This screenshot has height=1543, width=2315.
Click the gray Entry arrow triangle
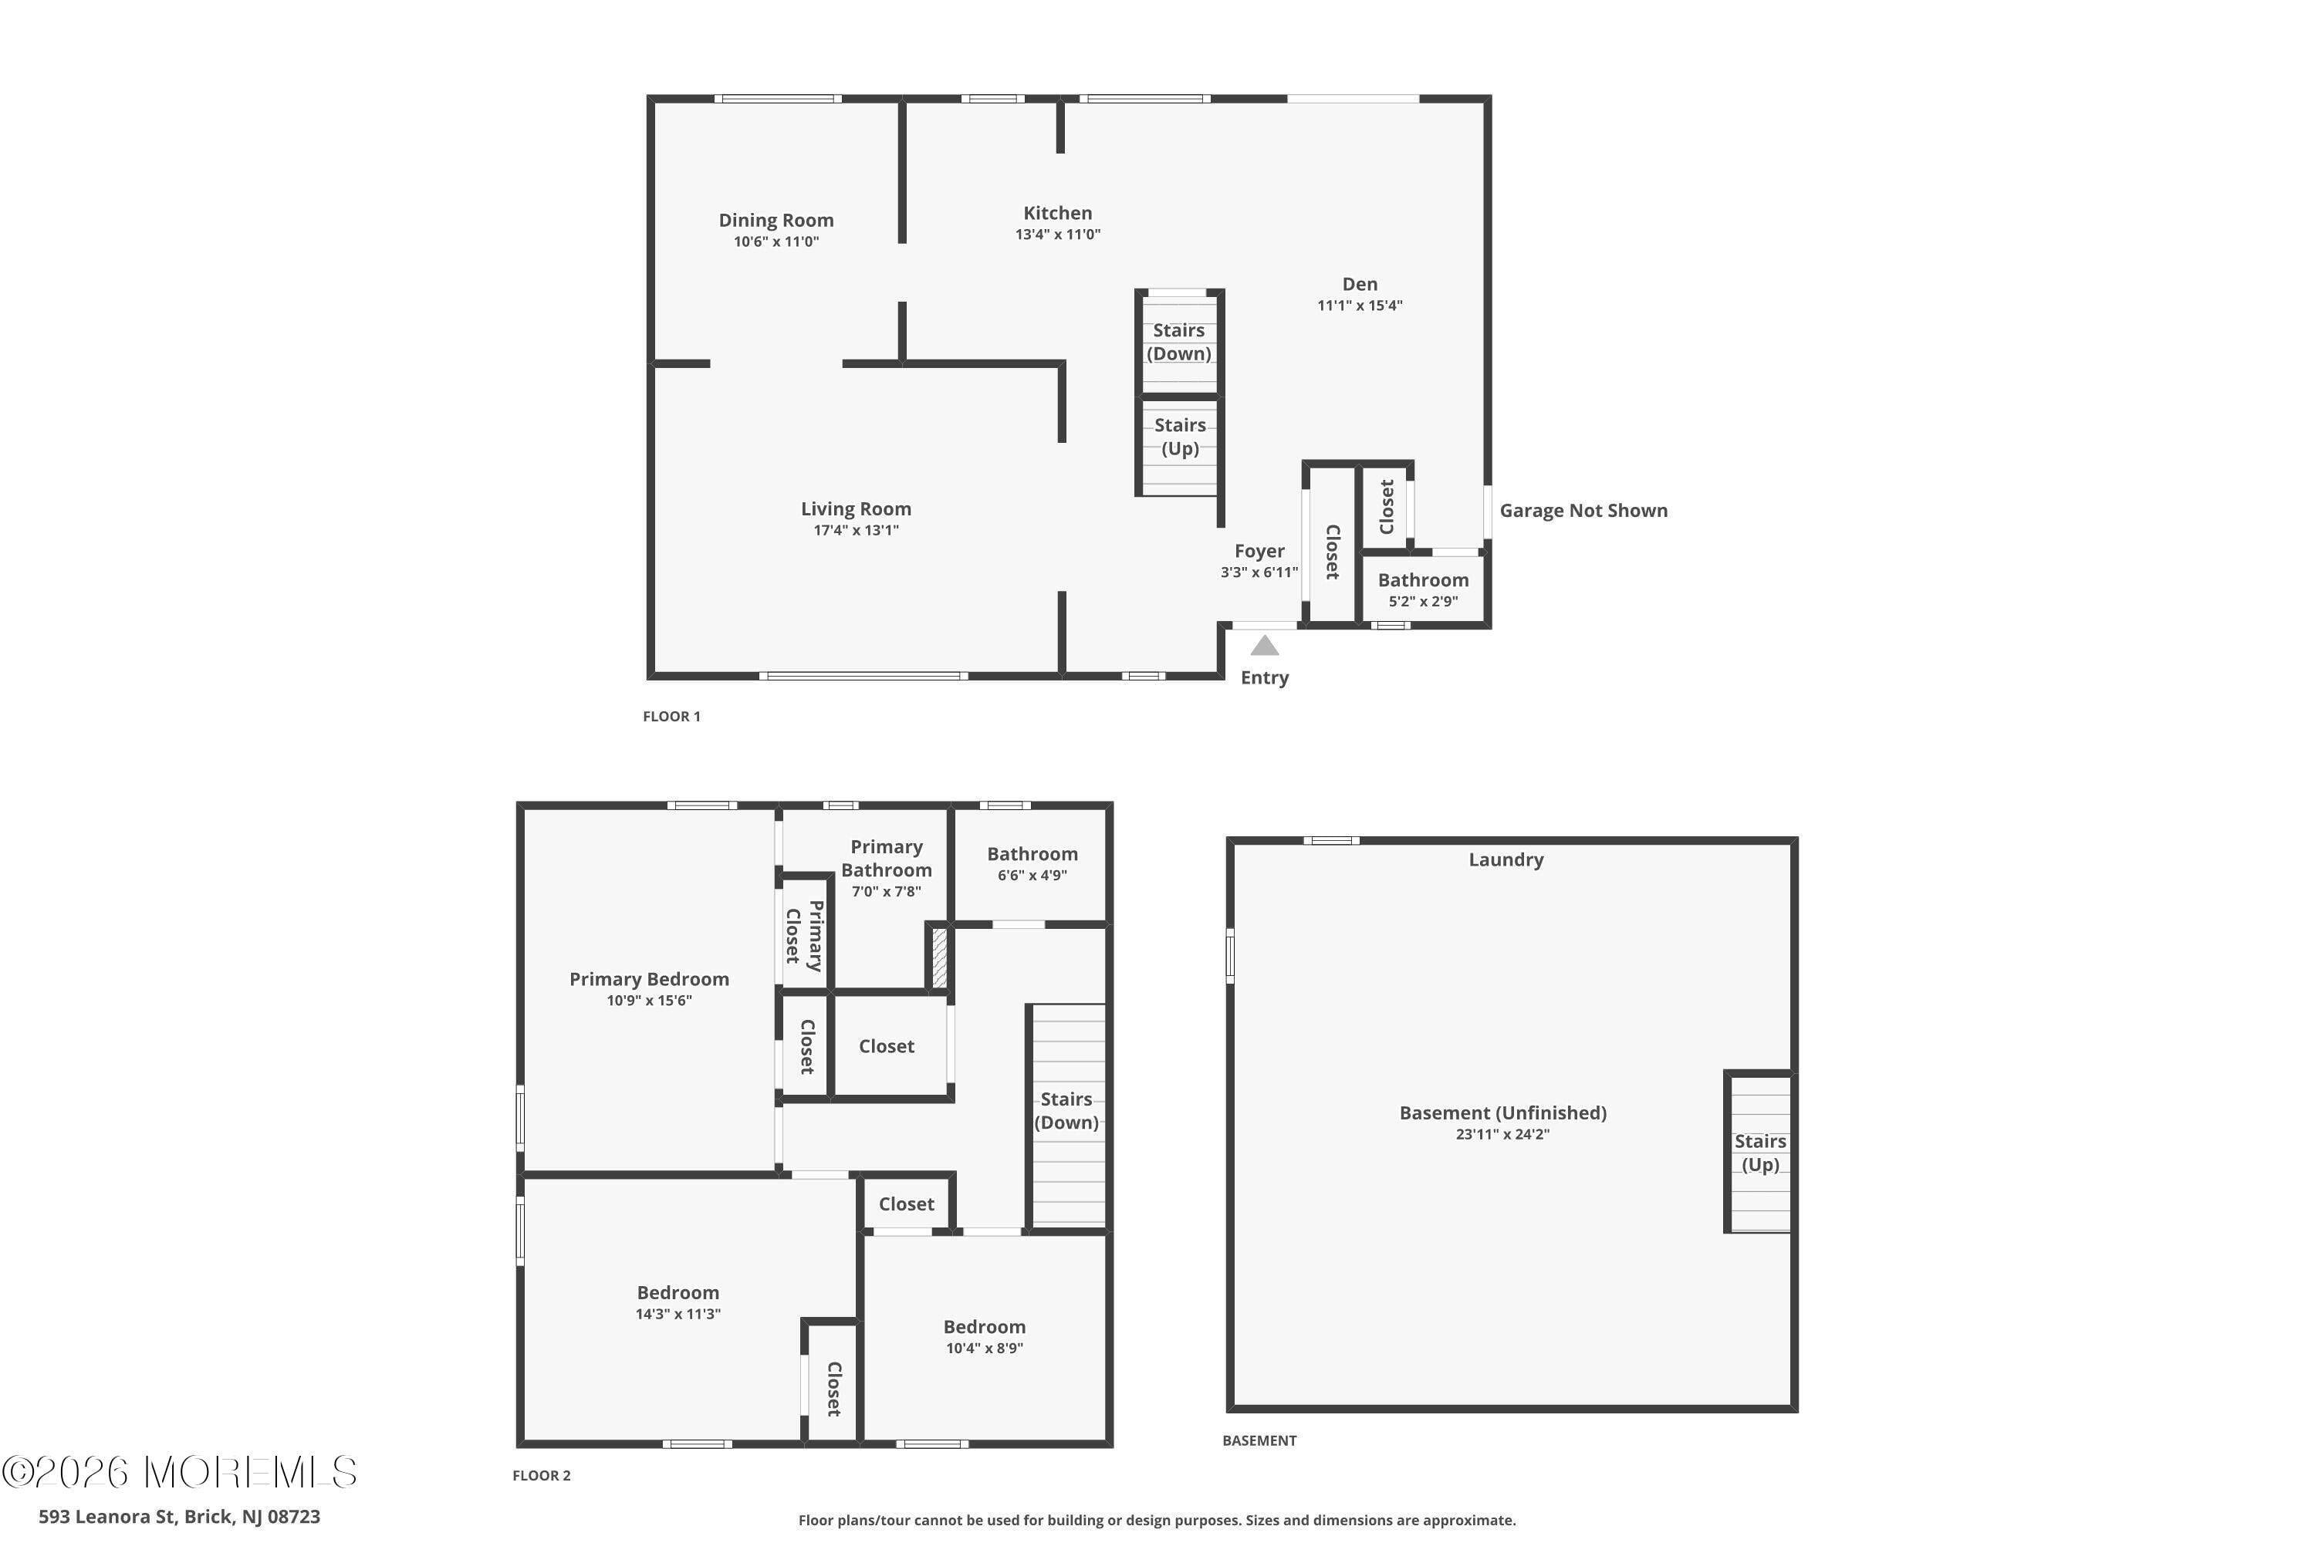pyautogui.click(x=1264, y=647)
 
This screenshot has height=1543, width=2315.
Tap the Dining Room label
pyautogui.click(x=776, y=221)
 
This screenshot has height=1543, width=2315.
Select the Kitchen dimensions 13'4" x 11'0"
pyautogui.click(x=1057, y=235)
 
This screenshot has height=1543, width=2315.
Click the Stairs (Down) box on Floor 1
pyautogui.click(x=1179, y=343)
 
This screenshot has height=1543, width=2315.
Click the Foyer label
pyautogui.click(x=1259, y=551)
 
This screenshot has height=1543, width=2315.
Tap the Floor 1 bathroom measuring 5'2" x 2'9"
pyautogui.click(x=1422, y=589)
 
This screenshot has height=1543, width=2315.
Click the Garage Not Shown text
pyautogui.click(x=1583, y=511)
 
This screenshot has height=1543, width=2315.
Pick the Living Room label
pyautogui.click(x=855, y=508)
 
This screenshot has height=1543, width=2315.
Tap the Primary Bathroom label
pyautogui.click(x=886, y=858)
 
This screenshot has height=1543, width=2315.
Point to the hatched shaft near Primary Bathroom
pyautogui.click(x=939, y=957)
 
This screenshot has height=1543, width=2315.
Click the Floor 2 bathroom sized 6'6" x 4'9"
pyautogui.click(x=1032, y=863)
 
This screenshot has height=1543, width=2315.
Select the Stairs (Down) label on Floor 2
pyautogui.click(x=1066, y=1110)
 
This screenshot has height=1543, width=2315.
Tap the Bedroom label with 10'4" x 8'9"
pyautogui.click(x=983, y=1326)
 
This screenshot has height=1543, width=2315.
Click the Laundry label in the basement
pyautogui.click(x=1505, y=860)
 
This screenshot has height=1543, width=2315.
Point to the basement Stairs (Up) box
pyautogui.click(x=1759, y=1153)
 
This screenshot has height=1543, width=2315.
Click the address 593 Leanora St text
pyautogui.click(x=179, y=1517)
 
